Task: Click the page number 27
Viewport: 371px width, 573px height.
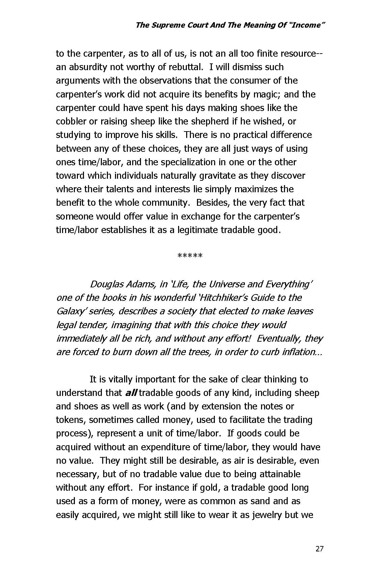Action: pos(319,549)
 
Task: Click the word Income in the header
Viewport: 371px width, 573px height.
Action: pos(305,25)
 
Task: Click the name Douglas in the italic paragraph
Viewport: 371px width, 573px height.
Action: pos(107,284)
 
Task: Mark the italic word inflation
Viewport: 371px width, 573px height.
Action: pos(304,352)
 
